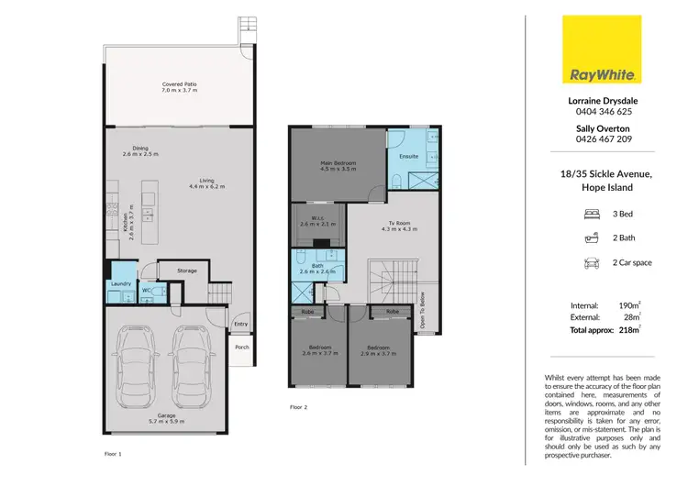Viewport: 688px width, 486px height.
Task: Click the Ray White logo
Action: pos(603,50)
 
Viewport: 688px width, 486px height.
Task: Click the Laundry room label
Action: pos(119,284)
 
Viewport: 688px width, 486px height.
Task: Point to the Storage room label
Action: pos(187,271)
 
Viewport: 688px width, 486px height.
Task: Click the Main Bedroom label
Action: pos(338,162)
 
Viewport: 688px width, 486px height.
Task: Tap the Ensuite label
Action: pos(408,156)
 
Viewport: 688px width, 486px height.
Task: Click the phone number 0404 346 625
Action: pos(603,111)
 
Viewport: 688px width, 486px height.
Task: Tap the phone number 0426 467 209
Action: pos(603,139)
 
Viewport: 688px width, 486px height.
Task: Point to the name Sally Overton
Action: pos(603,127)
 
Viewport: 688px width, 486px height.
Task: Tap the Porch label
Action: pos(242,348)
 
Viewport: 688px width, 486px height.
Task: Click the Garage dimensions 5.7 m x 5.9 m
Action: pos(166,423)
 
